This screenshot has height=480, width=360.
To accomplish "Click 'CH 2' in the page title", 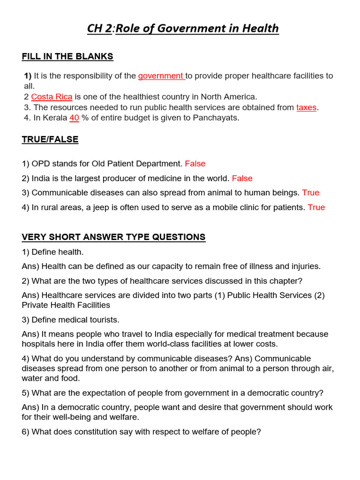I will (99, 29).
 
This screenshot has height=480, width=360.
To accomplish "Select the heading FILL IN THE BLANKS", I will (67, 57).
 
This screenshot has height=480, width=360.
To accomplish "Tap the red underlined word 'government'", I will (161, 76).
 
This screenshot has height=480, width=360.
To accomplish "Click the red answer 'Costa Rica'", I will (52, 97).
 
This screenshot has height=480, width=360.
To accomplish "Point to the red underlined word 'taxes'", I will (306, 107).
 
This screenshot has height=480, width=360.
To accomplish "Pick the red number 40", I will (74, 118).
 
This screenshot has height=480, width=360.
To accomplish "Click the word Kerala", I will (54, 118).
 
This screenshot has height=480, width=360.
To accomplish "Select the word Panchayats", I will (216, 118).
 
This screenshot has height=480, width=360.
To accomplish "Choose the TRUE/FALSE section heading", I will (50, 140).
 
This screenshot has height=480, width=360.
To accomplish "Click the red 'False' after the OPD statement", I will (195, 164).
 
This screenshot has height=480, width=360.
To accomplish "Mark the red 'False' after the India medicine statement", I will (242, 179).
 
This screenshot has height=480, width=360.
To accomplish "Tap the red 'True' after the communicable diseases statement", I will (310, 193).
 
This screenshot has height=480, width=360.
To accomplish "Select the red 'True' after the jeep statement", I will (316, 207).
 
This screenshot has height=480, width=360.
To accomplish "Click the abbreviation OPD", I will (40, 164).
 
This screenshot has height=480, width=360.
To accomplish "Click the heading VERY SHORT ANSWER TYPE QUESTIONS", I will (113, 237).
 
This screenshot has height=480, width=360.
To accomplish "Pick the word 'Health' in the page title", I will (260, 29).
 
